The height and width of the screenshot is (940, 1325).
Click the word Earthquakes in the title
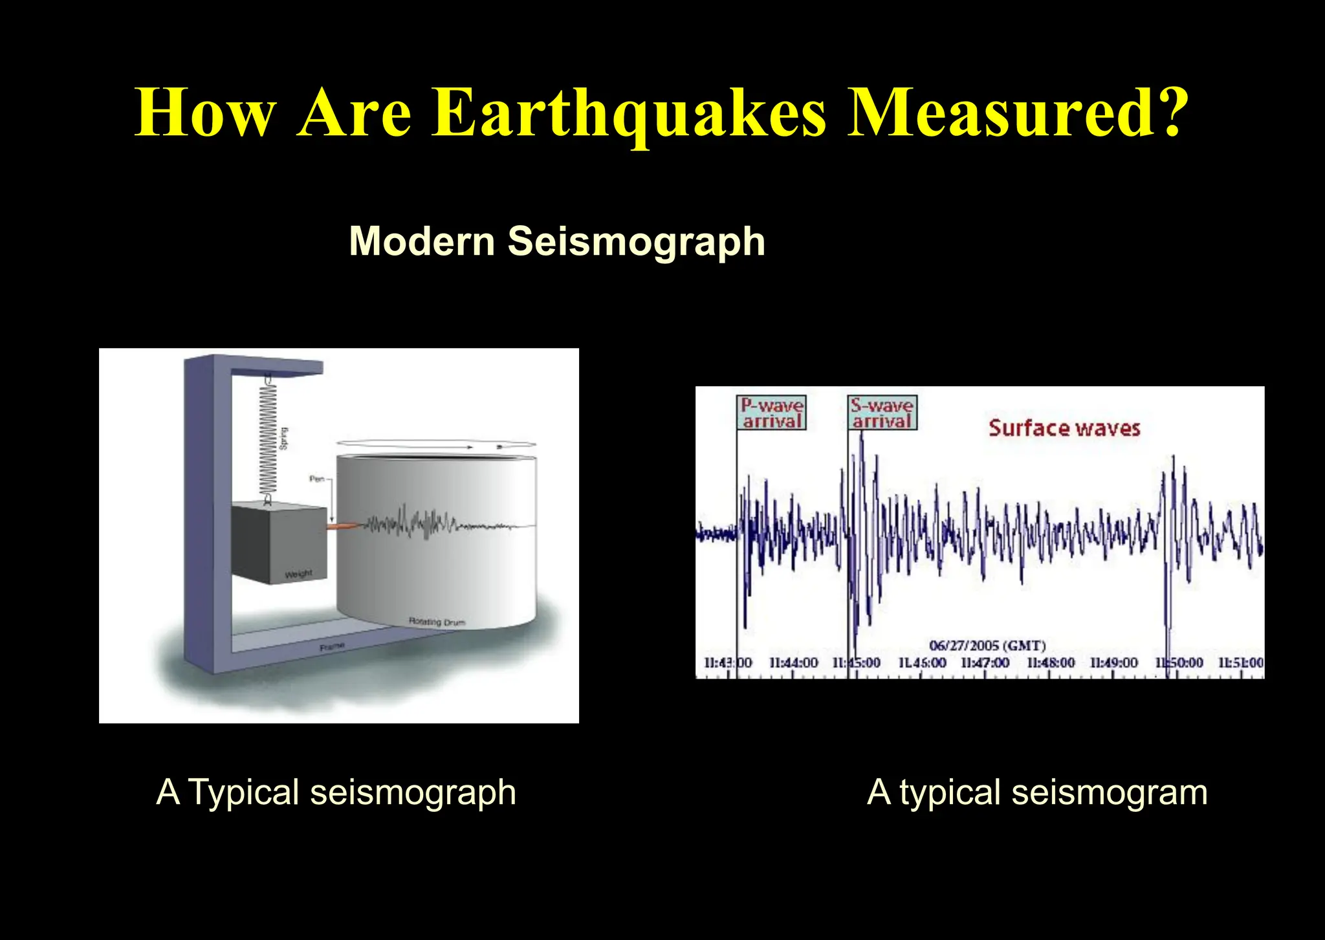pyautogui.click(x=630, y=113)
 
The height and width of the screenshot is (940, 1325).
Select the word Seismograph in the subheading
pyautogui.click(x=636, y=241)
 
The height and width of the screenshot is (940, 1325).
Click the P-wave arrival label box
pyautogui.click(x=772, y=413)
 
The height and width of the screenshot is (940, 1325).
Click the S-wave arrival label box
pyautogui.click(x=882, y=413)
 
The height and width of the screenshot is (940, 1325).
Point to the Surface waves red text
pyautogui.click(x=1064, y=428)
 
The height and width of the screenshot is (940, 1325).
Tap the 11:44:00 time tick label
pyautogui.click(x=793, y=662)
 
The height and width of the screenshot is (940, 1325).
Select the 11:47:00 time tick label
pyautogui.click(x=985, y=662)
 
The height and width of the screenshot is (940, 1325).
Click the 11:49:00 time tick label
pyautogui.click(x=1113, y=662)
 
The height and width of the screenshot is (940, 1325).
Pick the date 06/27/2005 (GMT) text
pyautogui.click(x=987, y=646)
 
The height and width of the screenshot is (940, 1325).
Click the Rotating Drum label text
pyautogui.click(x=437, y=622)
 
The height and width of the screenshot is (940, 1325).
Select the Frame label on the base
pyautogui.click(x=332, y=646)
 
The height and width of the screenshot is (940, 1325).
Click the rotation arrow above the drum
pyautogui.click(x=435, y=445)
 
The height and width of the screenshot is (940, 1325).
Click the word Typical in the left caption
pyautogui.click(x=243, y=792)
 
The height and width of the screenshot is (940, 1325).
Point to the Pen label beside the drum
pyautogui.click(x=316, y=479)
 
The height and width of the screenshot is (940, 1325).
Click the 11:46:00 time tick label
pyautogui.click(x=922, y=662)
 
